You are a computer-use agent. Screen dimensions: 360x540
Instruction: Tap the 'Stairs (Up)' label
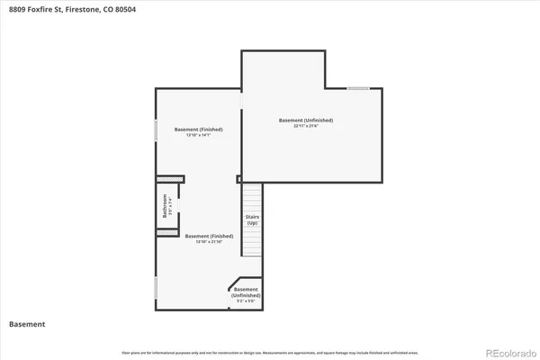[x=253, y=220]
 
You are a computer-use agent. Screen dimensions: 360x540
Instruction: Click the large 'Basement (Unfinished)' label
[x=306, y=120]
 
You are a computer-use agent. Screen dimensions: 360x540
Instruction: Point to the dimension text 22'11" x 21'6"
[x=306, y=127]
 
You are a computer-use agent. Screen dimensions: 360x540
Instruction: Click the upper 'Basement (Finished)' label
[x=203, y=130]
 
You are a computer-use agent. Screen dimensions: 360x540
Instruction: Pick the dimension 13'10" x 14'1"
[x=203, y=136]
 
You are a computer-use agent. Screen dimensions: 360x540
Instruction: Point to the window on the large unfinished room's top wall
[x=358, y=88]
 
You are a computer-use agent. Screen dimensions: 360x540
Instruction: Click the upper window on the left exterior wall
[x=157, y=130]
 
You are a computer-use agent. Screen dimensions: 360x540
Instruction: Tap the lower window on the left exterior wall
[x=157, y=288]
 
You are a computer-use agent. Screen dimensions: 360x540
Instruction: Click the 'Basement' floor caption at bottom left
[x=27, y=324]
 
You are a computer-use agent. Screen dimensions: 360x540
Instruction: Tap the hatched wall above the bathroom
[x=167, y=178]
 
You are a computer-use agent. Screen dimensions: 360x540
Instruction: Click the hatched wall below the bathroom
[x=167, y=233]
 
